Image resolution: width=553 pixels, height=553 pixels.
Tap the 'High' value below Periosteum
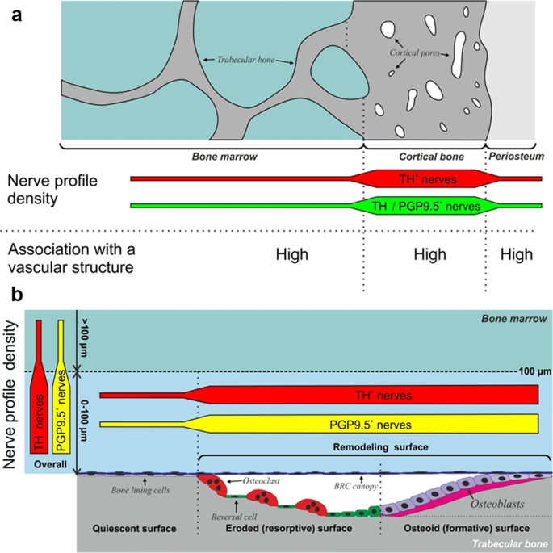[516, 254]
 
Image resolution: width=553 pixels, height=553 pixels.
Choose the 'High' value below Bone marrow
[292, 254]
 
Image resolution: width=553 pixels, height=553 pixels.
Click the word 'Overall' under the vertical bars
[50, 465]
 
